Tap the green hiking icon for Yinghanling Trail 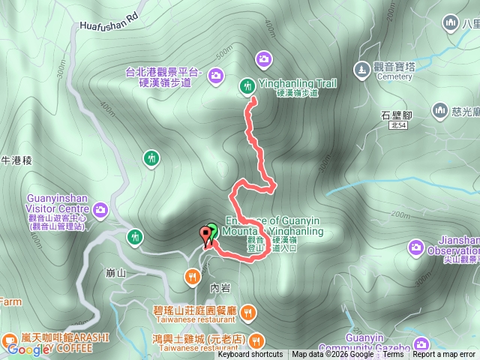point(246,86)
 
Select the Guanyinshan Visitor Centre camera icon point(101,209)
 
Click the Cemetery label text point(394,76)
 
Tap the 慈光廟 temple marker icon point(439,111)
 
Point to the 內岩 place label point(220,286)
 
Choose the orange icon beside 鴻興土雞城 point(256,339)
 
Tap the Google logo point(28,349)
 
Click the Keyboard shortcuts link point(250,355)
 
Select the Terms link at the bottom point(393,355)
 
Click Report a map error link point(444,355)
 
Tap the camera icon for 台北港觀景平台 point(216,74)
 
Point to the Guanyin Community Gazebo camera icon point(421,344)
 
